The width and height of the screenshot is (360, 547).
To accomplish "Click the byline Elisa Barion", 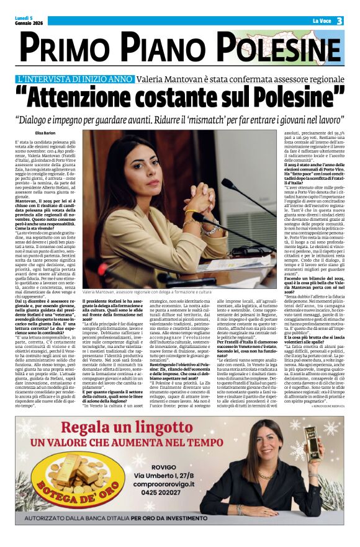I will click(x=46, y=133).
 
